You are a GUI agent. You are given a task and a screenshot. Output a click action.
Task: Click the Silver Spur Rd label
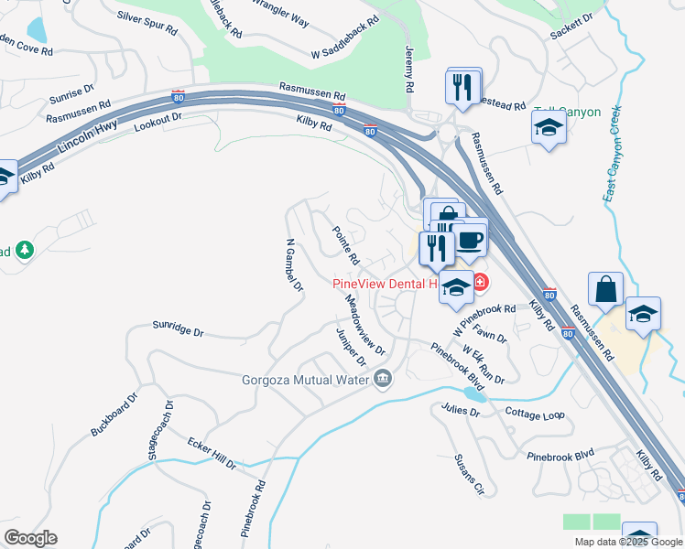point(147,23)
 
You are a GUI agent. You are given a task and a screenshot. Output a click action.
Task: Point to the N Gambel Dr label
point(293,266)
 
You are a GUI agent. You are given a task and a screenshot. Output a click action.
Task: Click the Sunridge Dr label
point(178,327)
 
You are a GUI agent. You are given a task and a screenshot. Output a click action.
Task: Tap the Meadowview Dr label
point(364,324)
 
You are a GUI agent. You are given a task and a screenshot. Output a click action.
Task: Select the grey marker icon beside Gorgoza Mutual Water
point(383,378)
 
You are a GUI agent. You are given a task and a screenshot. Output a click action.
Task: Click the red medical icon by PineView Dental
point(480,281)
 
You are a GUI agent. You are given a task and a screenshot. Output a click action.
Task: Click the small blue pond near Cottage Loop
point(473,393)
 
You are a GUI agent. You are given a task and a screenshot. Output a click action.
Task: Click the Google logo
point(30,538)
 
